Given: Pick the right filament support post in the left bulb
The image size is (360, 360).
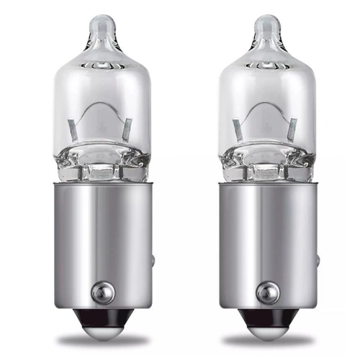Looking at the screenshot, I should click(126, 130).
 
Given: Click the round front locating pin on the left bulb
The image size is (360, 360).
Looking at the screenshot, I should click(102, 291).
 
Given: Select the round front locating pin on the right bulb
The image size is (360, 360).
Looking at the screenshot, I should click(267, 291).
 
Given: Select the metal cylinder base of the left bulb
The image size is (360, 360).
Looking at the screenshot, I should click(102, 230).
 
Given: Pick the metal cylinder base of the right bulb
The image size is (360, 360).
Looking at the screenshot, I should click(267, 230).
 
